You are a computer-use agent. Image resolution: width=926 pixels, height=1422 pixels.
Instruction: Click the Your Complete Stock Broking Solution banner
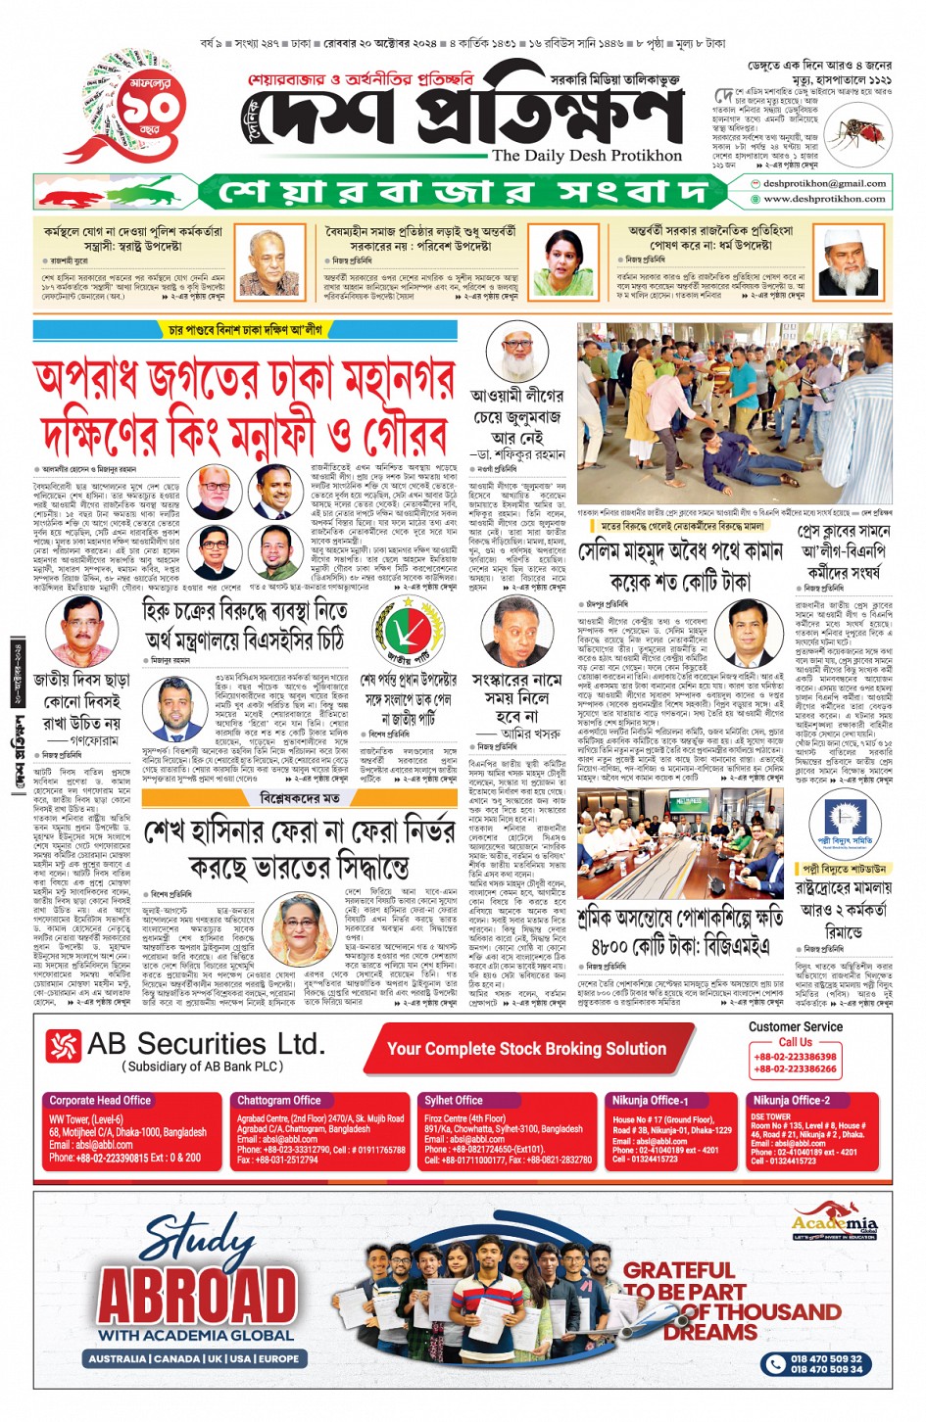(526, 1049)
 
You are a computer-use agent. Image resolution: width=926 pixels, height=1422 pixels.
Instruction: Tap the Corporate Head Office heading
(100, 1100)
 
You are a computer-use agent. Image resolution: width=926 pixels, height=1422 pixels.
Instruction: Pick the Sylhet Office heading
(454, 1100)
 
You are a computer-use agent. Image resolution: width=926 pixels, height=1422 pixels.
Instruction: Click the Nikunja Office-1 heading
(651, 1100)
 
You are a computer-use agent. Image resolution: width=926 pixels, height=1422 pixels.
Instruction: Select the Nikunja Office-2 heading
(792, 1100)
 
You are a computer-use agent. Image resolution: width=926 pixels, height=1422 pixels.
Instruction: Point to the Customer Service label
(795, 1026)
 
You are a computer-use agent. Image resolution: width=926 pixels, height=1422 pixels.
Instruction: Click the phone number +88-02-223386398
(795, 1057)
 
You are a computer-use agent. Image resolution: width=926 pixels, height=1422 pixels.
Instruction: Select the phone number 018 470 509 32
(826, 1358)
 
